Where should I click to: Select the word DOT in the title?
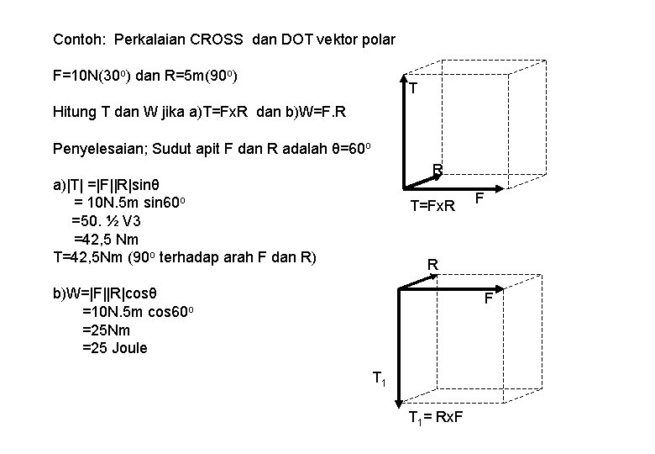(287, 40)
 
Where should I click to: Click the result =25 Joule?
(114, 347)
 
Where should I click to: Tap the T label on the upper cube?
(413, 88)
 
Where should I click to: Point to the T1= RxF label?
(437, 419)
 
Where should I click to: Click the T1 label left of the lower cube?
(379, 379)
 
